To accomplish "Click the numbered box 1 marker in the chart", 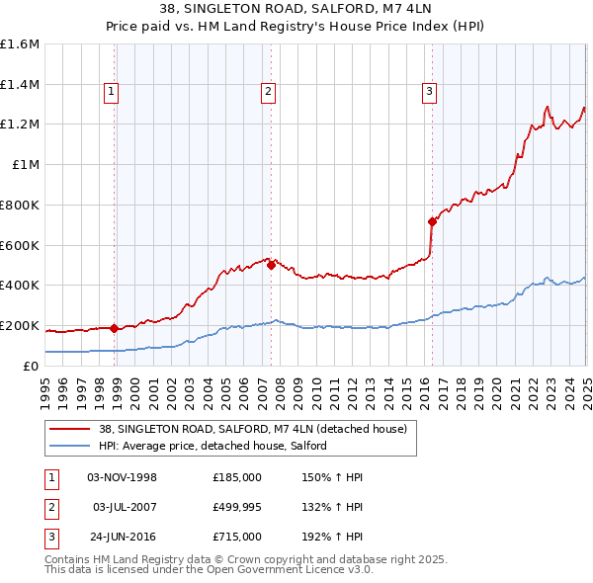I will tap(111, 92).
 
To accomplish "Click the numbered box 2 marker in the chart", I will tap(268, 92).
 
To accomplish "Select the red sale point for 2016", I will tap(432, 221).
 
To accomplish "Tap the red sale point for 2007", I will tap(271, 264).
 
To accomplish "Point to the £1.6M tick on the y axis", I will tap(20, 44).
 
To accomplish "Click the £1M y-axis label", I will tap(25, 165).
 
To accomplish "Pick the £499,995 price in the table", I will tap(237, 507).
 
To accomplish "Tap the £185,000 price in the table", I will tap(237, 477).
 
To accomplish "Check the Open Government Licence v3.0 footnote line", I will tap(209, 570).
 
